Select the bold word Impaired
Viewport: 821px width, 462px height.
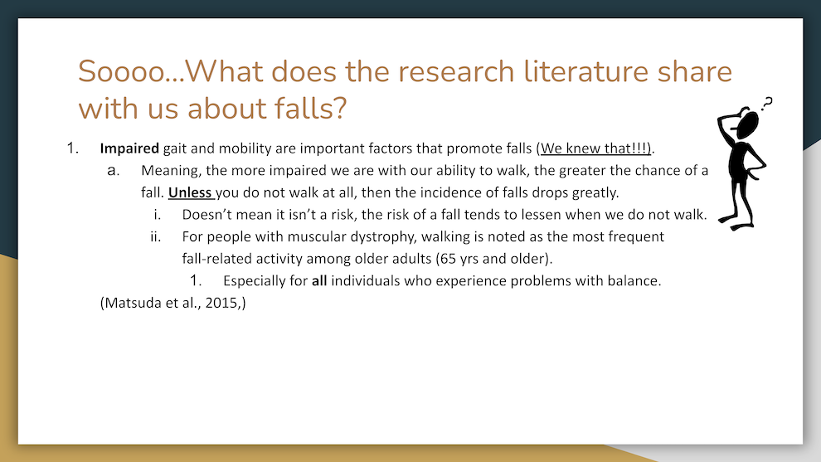129,148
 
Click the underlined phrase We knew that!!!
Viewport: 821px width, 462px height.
595,148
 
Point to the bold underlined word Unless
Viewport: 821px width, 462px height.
190,192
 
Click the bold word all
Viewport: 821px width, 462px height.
319,280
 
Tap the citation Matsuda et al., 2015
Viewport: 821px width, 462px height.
172,303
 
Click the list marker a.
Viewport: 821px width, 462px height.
113,171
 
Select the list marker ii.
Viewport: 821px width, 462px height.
156,236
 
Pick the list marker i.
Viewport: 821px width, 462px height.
157,215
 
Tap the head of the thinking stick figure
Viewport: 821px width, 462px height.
748,125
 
